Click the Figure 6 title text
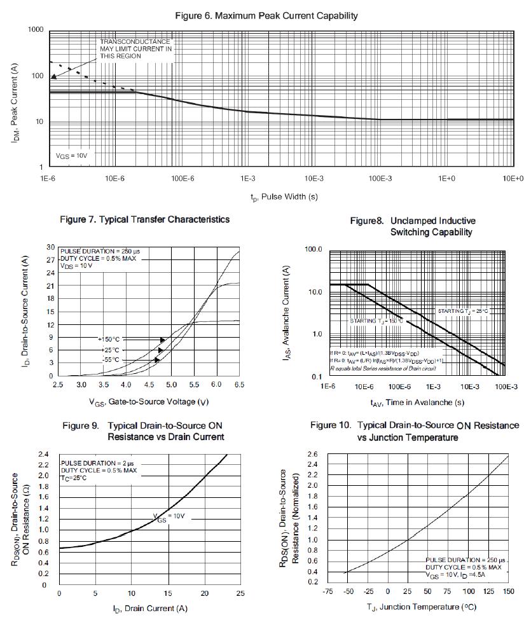click(266, 15)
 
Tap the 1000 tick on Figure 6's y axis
click(35, 30)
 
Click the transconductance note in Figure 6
click(135, 49)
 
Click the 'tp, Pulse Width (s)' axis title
click(284, 197)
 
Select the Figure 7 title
click(144, 219)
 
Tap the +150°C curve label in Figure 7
click(108, 340)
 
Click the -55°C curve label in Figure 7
click(110, 360)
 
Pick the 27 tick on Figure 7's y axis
click(50, 259)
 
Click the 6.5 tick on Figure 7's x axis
click(239, 385)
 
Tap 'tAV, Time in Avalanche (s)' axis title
click(417, 402)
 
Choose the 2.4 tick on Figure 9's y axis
click(44, 455)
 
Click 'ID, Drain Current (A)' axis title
click(150, 609)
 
